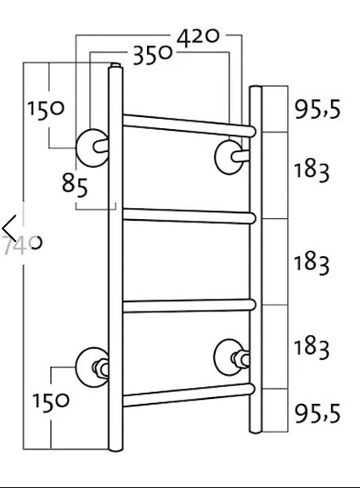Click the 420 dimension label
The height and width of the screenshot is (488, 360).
point(200,36)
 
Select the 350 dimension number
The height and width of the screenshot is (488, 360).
point(152,56)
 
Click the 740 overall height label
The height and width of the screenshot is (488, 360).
point(24,244)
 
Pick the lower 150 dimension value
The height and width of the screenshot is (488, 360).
point(51,401)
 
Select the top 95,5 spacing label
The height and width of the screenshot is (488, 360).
point(317,109)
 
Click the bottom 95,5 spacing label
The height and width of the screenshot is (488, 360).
point(317,413)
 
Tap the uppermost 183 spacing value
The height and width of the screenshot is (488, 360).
point(311,170)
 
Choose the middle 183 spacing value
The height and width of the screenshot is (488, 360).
point(311,262)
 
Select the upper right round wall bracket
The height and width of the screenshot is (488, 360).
point(229,156)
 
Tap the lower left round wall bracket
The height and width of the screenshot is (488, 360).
point(91,366)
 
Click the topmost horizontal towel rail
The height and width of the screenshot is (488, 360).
point(188,124)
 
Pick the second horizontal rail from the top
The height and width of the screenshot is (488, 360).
point(188,215)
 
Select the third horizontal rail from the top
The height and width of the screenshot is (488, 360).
point(188,306)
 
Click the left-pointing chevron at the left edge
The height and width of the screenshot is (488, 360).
point(9,228)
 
